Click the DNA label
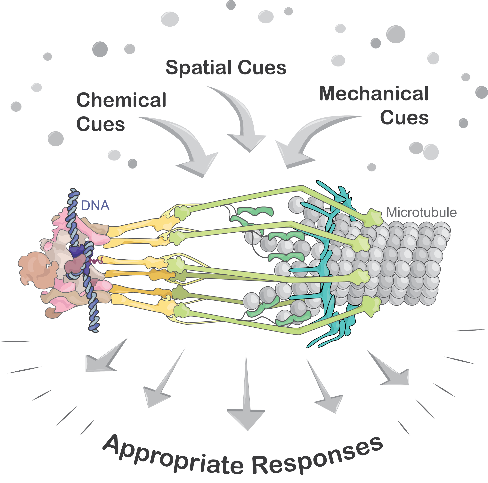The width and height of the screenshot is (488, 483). coord(95,206)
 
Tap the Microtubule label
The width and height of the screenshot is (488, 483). coord(421,212)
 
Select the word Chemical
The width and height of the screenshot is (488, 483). coord(121,100)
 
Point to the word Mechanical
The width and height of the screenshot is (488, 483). coord(374,94)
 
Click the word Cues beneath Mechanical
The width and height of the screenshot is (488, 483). coord(404,118)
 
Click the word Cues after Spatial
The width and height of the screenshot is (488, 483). coord(262,68)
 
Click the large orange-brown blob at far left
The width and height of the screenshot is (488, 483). coord(38,271)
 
